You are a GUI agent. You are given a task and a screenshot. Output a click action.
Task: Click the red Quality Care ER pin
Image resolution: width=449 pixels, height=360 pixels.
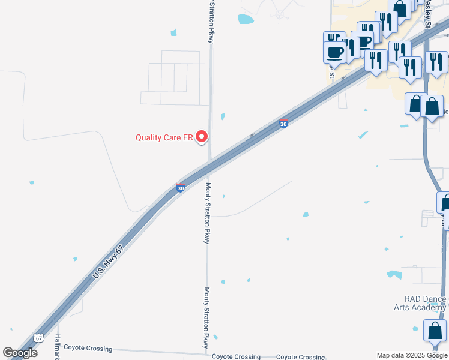click(x=202, y=137)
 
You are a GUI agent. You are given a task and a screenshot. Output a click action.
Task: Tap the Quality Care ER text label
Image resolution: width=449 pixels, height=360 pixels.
click(x=164, y=137)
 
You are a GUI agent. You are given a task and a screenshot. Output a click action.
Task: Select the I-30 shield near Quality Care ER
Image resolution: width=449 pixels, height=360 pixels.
click(x=180, y=188)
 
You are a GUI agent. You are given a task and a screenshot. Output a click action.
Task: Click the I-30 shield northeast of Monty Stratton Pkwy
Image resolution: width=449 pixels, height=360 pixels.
click(x=283, y=124)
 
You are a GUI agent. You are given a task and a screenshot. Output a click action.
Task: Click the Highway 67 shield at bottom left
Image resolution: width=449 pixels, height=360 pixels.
click(x=38, y=338)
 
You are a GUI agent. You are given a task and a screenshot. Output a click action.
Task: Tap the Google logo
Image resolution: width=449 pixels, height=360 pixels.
click(x=20, y=353)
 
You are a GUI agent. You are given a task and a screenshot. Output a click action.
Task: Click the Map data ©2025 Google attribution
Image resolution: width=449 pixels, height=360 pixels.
click(x=412, y=355)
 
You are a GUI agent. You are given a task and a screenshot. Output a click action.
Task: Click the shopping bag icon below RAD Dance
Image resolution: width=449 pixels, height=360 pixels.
click(x=435, y=331)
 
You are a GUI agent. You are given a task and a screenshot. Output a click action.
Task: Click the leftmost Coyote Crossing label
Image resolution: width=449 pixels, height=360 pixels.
click(x=88, y=348)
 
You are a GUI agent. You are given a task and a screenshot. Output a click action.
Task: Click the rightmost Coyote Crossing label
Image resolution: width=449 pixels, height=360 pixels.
click(x=300, y=357)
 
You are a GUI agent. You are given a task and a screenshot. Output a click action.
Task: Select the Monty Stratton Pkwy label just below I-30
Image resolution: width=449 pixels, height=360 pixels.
click(x=206, y=214)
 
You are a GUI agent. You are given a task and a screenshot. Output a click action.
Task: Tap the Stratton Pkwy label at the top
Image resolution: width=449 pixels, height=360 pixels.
click(x=211, y=21)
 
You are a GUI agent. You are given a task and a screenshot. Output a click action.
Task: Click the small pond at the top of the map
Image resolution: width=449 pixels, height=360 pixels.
click(x=246, y=19)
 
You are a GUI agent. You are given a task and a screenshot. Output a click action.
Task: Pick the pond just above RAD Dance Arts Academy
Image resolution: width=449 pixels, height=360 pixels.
click(x=394, y=275)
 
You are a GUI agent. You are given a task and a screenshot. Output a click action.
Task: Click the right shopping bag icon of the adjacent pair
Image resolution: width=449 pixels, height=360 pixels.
click(x=432, y=106)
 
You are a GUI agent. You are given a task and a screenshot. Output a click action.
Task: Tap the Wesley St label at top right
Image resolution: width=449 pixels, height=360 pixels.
click(x=427, y=15)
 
